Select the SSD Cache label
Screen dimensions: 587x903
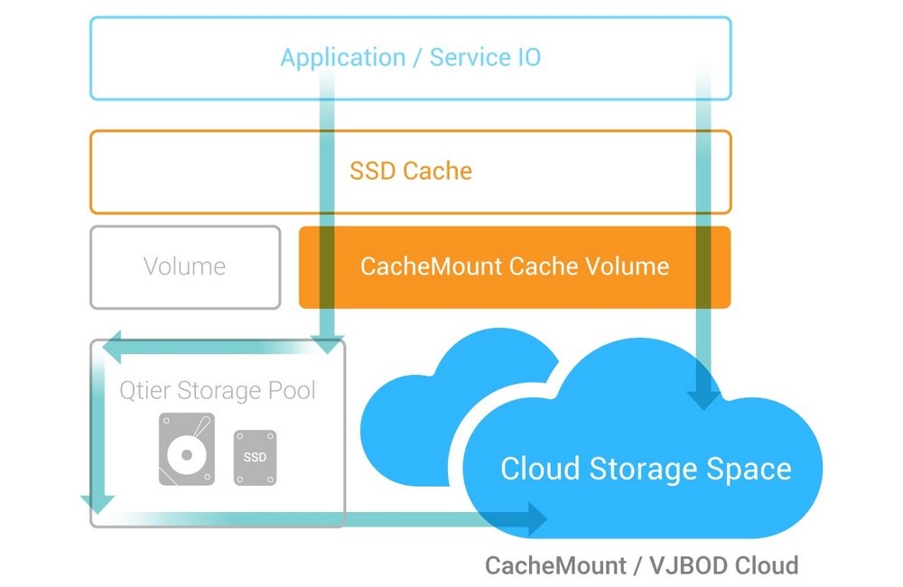[x=410, y=171]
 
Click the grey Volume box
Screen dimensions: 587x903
[x=185, y=267]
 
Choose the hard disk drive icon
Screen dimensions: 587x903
[x=187, y=449]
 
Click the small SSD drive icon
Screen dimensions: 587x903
[x=255, y=455]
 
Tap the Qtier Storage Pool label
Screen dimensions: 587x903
[x=218, y=391]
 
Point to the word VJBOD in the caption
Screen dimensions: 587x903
[x=685, y=566]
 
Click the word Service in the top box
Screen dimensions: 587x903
[x=469, y=58]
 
